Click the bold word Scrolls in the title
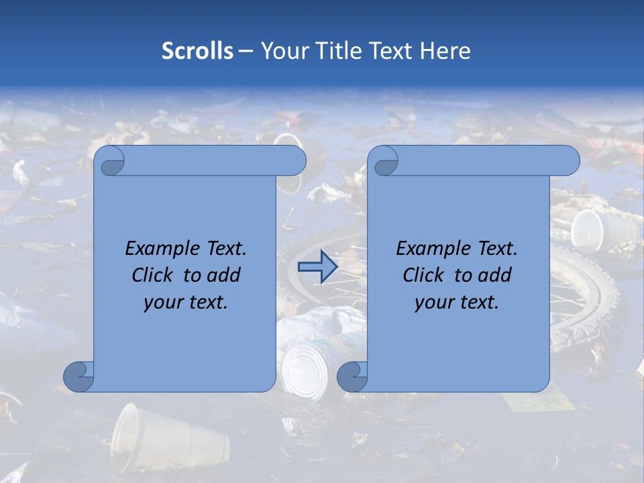(197, 51)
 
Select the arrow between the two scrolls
(317, 267)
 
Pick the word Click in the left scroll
(156, 275)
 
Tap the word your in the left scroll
(162, 303)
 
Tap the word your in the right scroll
(433, 303)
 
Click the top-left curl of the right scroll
(385, 162)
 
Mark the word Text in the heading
(388, 51)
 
